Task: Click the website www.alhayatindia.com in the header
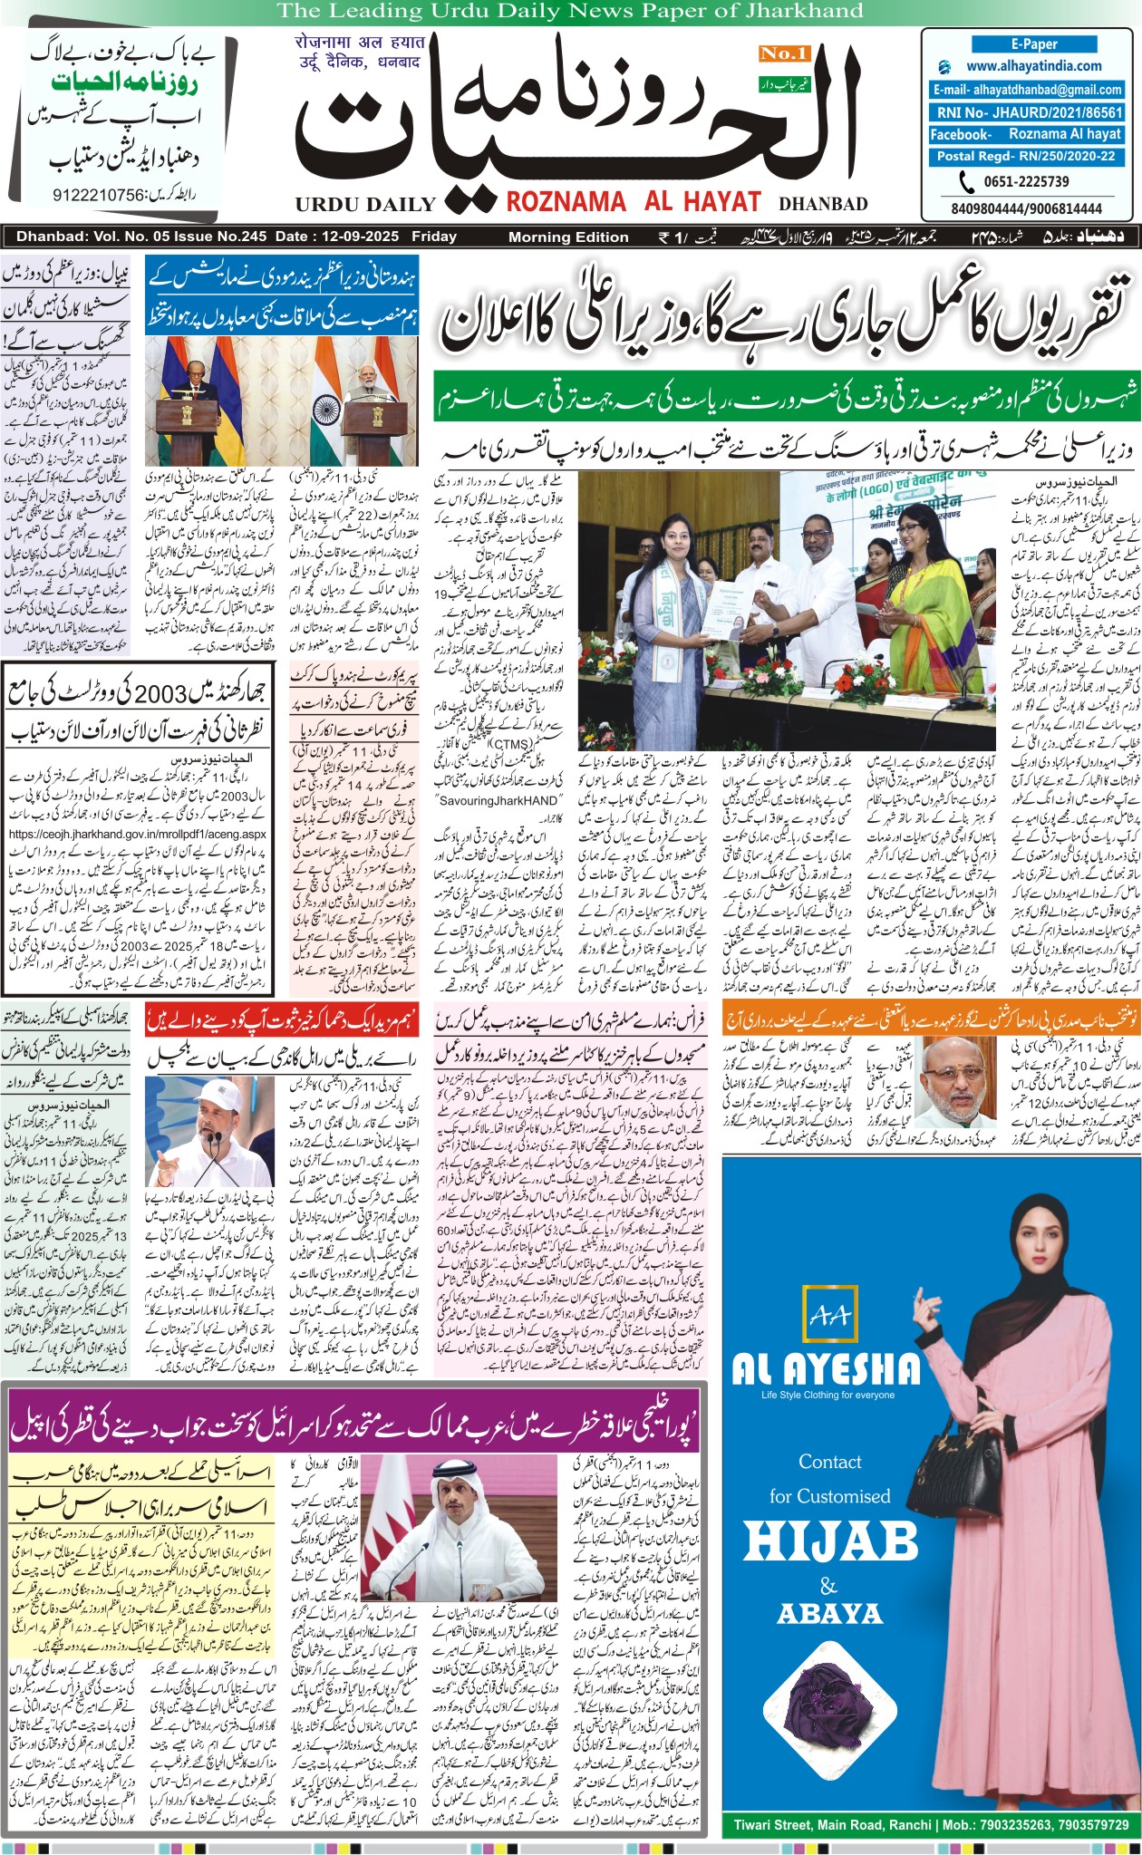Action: [1033, 66]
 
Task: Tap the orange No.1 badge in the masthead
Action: [783, 53]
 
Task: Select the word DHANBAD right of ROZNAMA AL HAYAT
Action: [823, 204]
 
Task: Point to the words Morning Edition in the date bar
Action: [568, 237]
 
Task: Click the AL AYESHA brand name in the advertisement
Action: [826, 1368]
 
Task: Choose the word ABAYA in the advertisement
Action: [829, 1614]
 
